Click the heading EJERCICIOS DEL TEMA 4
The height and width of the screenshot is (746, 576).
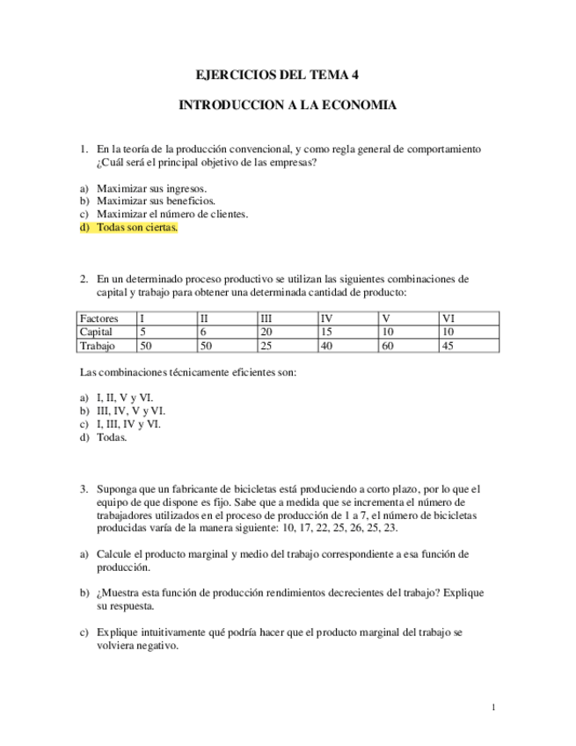288,76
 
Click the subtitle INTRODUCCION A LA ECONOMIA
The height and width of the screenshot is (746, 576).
288,106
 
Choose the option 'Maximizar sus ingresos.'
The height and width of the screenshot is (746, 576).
151,188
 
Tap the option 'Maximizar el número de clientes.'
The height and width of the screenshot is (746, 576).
172,214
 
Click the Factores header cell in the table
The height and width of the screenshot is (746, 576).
98,318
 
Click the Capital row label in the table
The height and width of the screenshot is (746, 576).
97,333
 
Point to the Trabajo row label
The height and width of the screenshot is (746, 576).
98,347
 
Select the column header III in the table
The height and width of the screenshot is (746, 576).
268,318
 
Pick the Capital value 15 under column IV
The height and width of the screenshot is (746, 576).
327,333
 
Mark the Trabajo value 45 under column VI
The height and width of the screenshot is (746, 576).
448,347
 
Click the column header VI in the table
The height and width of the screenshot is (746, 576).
448,318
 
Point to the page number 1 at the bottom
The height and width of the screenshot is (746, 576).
494,706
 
